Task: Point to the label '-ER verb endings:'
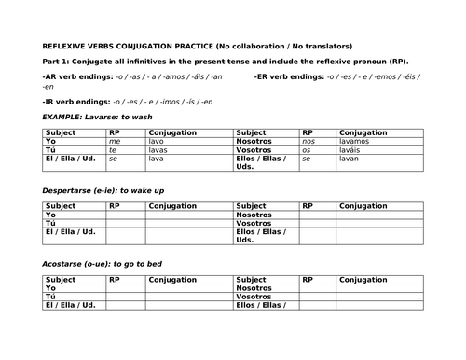(287, 76)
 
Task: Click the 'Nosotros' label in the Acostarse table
(254, 288)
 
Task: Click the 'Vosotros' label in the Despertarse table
(254, 224)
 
